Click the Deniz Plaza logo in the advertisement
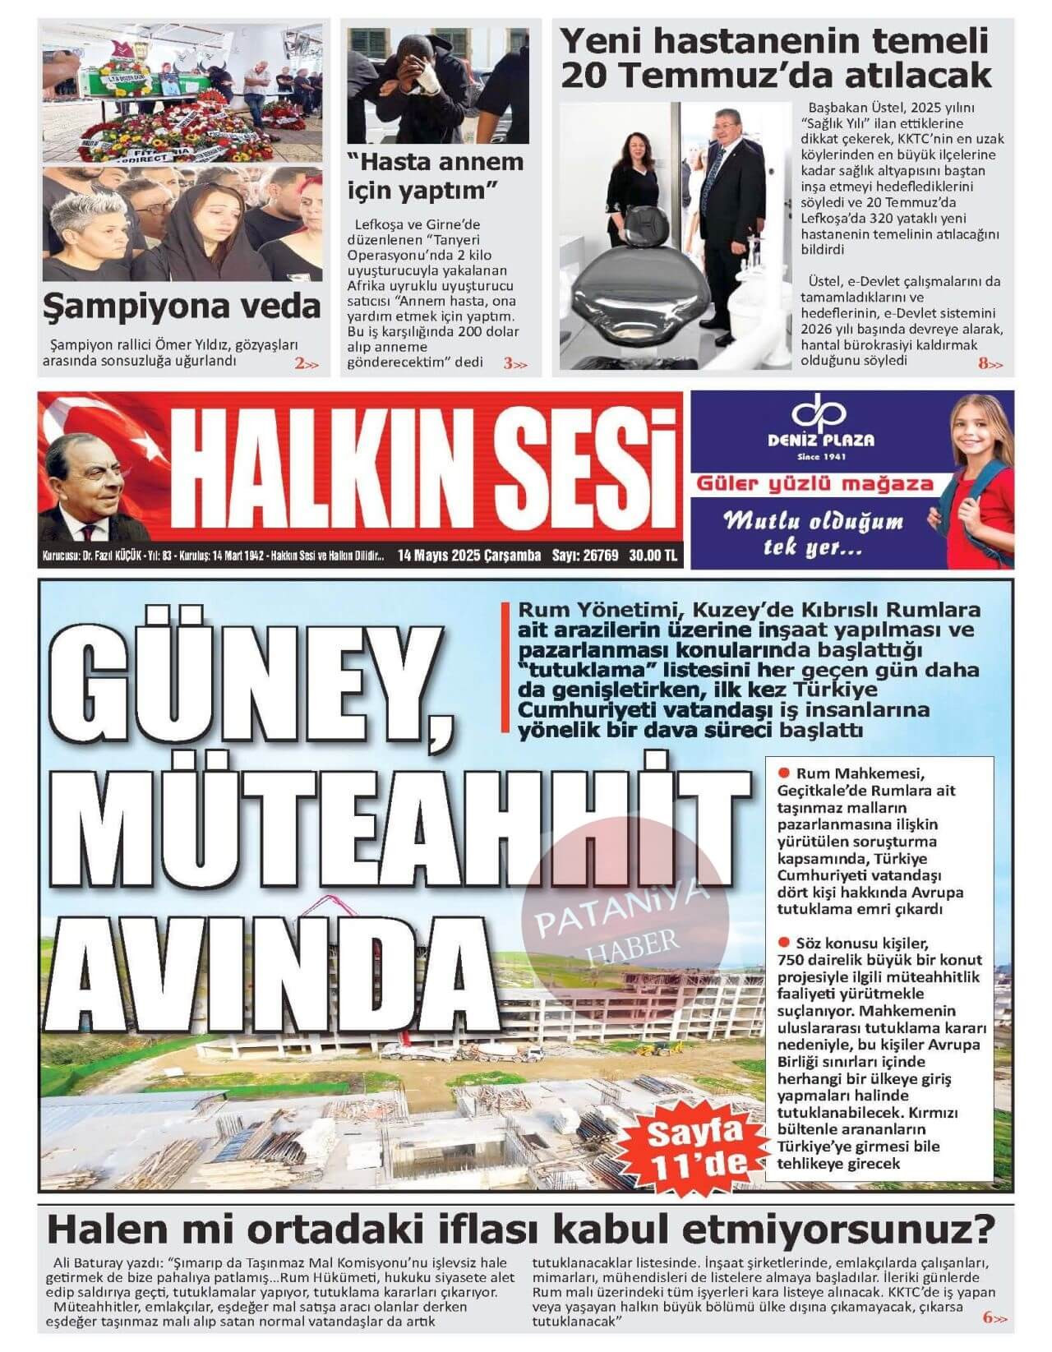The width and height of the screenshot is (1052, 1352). click(832, 427)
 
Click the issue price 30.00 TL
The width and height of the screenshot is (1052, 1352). click(653, 556)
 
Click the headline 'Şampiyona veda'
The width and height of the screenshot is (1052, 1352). click(182, 307)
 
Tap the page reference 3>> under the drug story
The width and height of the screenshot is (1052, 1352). click(515, 363)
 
